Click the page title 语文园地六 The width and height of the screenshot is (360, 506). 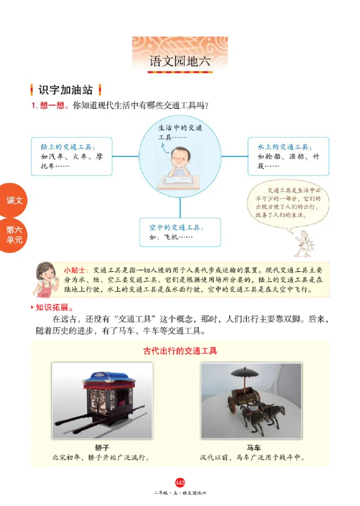(x=180, y=62)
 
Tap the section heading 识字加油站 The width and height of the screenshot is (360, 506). (x=65, y=90)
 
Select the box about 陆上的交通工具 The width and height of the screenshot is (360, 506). (x=72, y=156)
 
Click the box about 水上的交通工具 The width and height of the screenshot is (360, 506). (x=288, y=156)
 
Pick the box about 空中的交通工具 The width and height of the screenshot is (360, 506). (x=180, y=232)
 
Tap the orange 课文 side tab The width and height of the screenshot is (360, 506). (x=13, y=201)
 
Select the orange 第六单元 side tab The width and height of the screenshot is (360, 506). (x=13, y=235)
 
